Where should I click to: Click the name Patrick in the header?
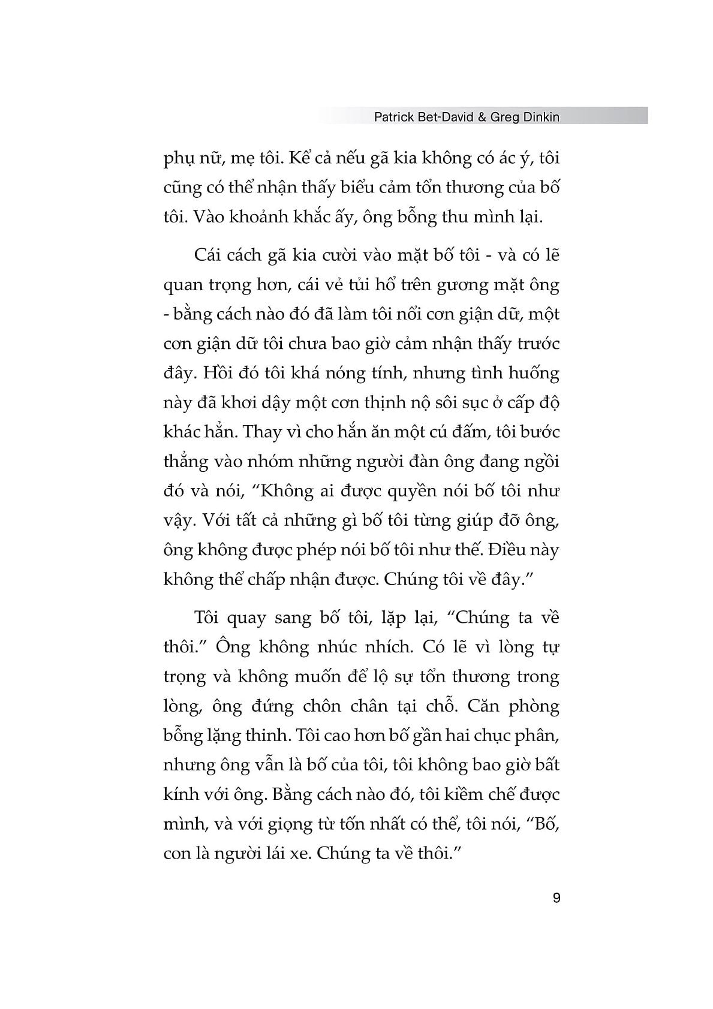point(393,117)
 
